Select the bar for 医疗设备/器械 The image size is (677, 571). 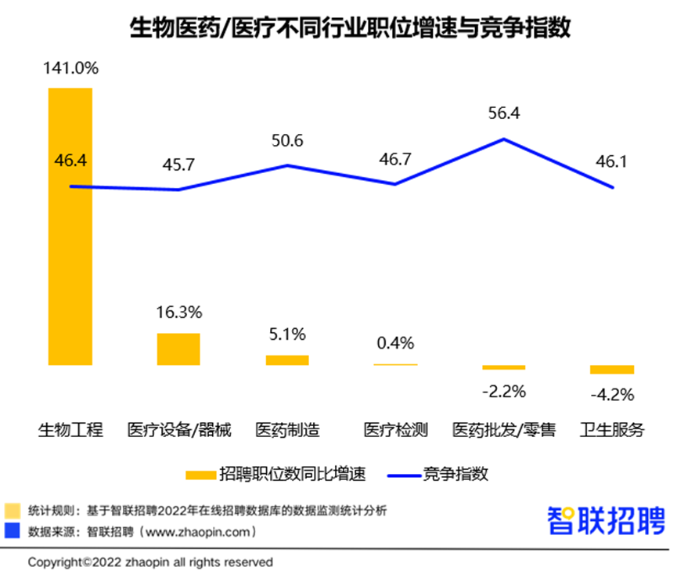(x=178, y=349)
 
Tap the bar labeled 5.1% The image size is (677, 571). (x=287, y=360)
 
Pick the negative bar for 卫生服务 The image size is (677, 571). (x=612, y=369)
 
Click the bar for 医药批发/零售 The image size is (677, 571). (x=504, y=367)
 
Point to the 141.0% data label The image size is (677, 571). (x=70, y=68)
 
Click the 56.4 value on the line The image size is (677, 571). (x=503, y=114)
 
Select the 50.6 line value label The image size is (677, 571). (x=287, y=141)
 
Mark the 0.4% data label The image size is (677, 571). (x=395, y=343)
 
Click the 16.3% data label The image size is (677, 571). (x=178, y=312)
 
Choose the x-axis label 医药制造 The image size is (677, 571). (x=287, y=430)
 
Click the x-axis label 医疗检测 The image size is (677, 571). (x=395, y=430)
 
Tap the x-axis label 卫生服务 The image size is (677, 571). (x=612, y=430)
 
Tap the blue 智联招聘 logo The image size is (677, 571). (x=606, y=521)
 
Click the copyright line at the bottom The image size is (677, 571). (x=151, y=562)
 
